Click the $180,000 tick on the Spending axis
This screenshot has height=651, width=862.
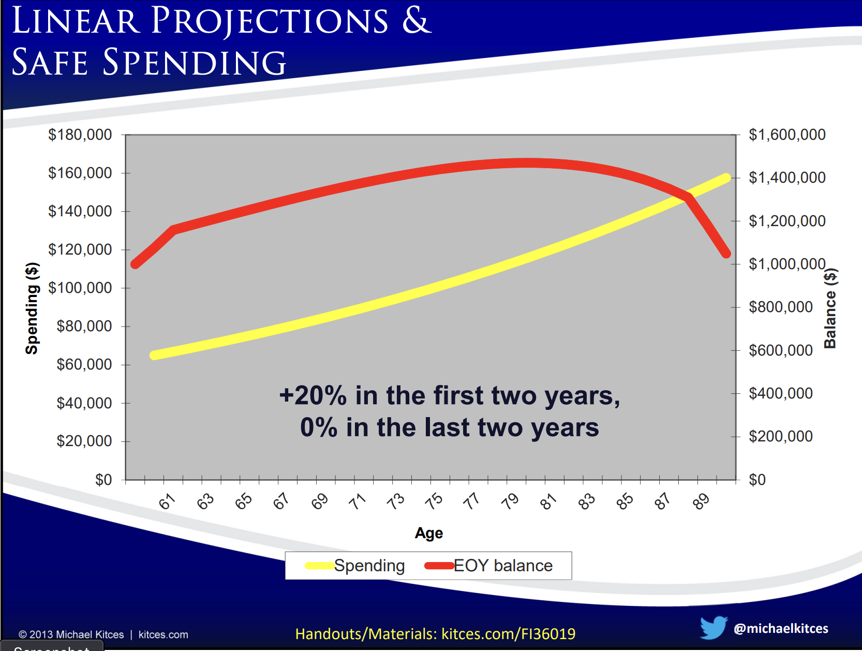80,135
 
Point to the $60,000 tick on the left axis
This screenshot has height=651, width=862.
84,364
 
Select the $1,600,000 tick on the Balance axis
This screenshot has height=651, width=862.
787,135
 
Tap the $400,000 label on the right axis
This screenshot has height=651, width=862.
780,393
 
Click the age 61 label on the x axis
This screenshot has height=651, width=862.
167,501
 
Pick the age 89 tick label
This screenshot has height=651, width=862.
701,501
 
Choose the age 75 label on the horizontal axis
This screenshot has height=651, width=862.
434,501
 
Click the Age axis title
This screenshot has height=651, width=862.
429,533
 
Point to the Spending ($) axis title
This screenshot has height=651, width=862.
32,308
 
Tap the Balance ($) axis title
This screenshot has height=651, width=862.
830,308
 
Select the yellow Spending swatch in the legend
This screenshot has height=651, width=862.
319,566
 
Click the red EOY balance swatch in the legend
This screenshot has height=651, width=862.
439,566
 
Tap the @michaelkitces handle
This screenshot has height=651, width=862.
781,629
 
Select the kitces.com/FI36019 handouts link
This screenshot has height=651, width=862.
509,634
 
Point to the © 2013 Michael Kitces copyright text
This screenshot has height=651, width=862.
71,634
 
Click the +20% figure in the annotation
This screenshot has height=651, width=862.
313,395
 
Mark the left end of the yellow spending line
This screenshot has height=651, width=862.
154,356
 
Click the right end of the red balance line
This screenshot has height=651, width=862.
726,254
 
